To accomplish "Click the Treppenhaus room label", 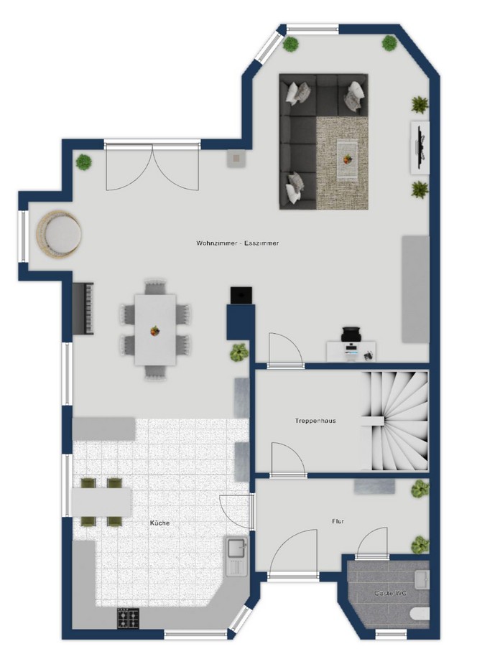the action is [315, 420].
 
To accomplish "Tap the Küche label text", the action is [160, 523].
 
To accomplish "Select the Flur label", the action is [338, 521].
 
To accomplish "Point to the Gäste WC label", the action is [389, 593].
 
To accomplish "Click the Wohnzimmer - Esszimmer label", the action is [237, 243].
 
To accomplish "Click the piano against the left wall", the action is [83, 309].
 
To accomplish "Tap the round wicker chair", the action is [59, 233].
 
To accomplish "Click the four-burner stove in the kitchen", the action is [129, 619].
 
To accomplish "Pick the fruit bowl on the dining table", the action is [154, 331].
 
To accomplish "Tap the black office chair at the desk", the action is [352, 335].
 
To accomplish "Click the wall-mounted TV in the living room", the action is [420, 147].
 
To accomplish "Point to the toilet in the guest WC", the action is [421, 614].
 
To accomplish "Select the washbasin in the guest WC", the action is [422, 579].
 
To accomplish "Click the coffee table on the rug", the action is [348, 159].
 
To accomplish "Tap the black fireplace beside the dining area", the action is [241, 295].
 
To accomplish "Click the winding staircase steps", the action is [394, 420].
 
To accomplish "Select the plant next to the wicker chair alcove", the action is [85, 162].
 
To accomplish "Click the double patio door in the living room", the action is [152, 166].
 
